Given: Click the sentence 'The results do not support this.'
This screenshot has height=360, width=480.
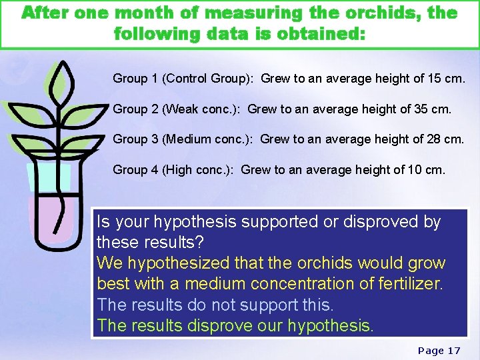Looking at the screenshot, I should (215, 305).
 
